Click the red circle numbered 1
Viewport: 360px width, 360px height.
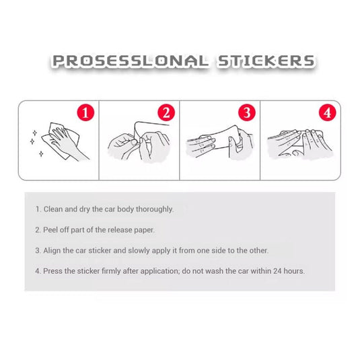click(x=85, y=112)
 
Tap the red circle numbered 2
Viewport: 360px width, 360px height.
click(x=166, y=112)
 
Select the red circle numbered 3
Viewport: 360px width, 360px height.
click(x=247, y=112)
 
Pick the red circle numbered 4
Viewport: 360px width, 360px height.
click(x=328, y=112)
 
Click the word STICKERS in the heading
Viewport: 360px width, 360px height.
click(x=266, y=61)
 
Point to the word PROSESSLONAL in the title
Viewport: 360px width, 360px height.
click(x=131, y=61)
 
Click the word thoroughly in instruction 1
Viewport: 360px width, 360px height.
click(x=155, y=209)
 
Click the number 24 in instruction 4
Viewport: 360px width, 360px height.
click(x=277, y=271)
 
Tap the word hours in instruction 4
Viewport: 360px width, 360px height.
click(x=293, y=271)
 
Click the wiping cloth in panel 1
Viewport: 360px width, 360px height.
click(x=61, y=141)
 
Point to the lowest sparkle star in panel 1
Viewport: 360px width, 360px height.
click(x=41, y=153)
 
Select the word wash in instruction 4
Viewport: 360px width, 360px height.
click(x=214, y=271)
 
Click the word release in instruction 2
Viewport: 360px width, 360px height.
click(x=120, y=230)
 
